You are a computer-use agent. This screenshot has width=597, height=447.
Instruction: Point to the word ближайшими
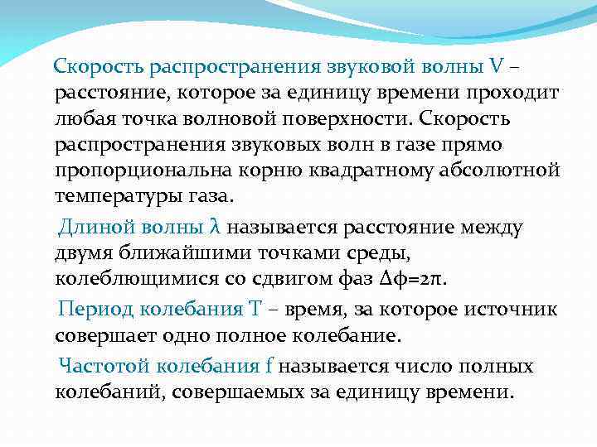point(171,252)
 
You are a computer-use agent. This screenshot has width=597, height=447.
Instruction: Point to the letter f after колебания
point(269,366)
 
